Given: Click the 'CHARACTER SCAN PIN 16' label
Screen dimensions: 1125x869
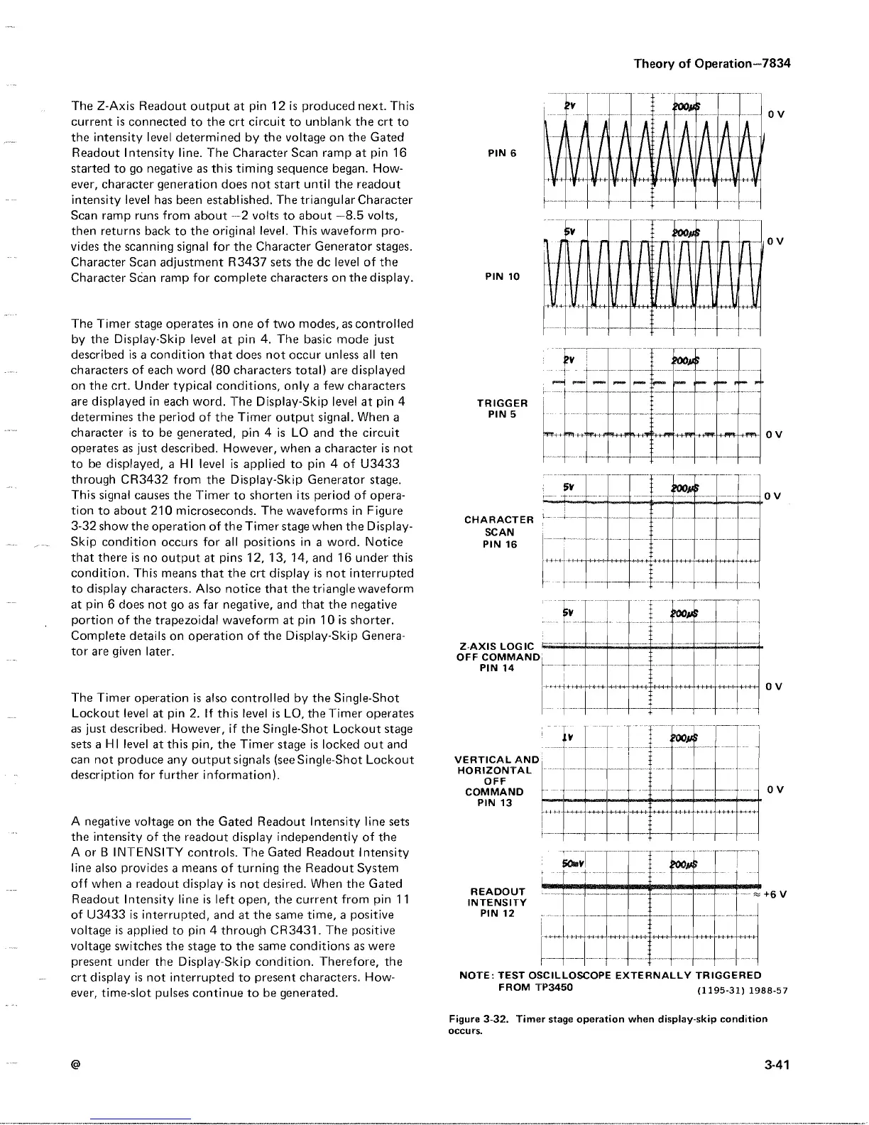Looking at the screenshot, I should coord(500,532).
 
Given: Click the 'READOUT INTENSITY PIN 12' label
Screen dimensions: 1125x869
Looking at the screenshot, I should coord(497,903).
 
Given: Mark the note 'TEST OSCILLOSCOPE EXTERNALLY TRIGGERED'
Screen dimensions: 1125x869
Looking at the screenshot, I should coord(611,975).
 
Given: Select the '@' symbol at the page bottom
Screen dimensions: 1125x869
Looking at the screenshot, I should coord(75,1065).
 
